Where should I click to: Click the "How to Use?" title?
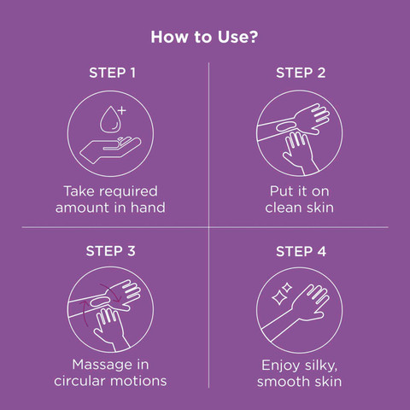pos(204,37)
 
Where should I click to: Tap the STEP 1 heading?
pos(112,73)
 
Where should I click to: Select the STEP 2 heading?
pos(301,73)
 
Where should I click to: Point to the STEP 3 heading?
pos(110,251)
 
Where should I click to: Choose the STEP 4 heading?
pos(301,251)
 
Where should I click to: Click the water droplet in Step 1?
pos(109,120)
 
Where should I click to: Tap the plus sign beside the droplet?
pos(122,110)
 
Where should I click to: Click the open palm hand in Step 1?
pos(110,149)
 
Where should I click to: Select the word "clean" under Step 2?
pos(284,208)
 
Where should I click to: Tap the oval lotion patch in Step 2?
pos(287,126)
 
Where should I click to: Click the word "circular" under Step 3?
pos(80,381)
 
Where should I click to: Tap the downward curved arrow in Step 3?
pos(112,291)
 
